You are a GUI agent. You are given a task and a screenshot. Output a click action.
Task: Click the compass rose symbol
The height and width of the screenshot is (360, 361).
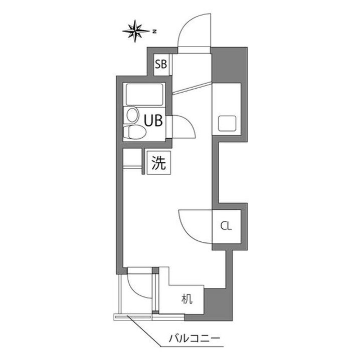point(135,31)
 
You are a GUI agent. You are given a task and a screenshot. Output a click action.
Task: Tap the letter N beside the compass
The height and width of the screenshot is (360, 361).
point(155,32)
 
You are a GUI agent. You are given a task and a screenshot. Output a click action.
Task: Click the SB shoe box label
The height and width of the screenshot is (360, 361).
point(161,64)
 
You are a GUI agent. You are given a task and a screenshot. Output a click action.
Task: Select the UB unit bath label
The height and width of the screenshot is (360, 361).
point(153,121)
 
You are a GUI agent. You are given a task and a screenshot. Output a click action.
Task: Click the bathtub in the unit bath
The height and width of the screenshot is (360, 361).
point(144,95)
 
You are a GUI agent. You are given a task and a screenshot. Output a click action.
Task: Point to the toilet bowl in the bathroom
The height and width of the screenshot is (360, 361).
point(134,132)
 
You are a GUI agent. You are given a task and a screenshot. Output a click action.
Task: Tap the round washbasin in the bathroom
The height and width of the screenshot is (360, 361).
point(132,115)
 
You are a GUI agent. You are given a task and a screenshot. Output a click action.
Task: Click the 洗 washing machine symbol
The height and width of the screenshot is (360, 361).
point(158,163)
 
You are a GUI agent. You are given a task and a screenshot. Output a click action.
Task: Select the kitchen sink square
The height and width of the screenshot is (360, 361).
point(227,124)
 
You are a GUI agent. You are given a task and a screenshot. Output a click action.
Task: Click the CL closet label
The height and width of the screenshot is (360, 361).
point(226,226)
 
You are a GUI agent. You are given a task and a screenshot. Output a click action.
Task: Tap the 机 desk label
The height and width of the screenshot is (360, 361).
point(187,299)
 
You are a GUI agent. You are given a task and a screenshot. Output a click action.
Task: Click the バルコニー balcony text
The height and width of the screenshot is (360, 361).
point(195,338)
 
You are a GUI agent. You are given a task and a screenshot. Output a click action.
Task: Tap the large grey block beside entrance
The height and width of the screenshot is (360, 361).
point(229,65)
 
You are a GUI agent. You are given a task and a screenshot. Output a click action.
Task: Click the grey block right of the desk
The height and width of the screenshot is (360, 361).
point(218,304)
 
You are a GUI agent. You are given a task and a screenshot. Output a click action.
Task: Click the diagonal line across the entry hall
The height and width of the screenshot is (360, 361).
point(192,88)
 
